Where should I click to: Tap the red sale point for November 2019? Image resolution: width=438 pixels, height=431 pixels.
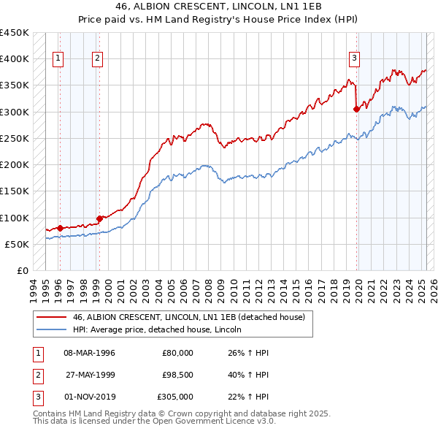tap(357, 110)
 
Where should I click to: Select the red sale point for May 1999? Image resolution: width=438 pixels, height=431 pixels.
tap(99, 218)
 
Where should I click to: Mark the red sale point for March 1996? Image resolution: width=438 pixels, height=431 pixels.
tap(60, 228)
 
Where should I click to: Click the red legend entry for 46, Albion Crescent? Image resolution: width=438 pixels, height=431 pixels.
tap(193, 316)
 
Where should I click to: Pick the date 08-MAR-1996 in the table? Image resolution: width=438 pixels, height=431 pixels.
tap(89, 353)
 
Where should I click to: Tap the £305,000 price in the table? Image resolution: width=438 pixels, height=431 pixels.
tap(175, 397)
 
